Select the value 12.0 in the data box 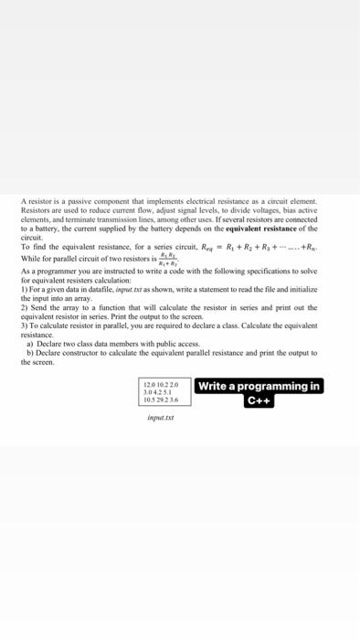[150, 384]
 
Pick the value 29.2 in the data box [164, 399]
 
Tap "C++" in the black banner [259, 400]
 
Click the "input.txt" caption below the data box [162, 416]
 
